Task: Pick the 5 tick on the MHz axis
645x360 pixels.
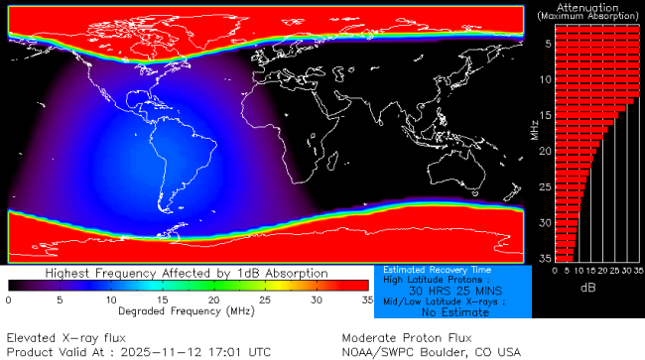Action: (x=546, y=44)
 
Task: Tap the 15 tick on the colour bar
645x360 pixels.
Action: (x=163, y=300)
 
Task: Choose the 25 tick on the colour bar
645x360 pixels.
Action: (x=265, y=300)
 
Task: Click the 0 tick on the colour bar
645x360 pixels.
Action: (x=8, y=300)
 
